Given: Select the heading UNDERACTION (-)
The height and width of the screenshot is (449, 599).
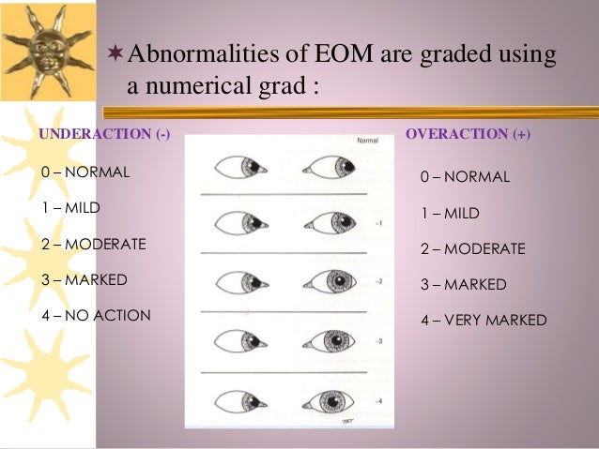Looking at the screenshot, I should point(104,134).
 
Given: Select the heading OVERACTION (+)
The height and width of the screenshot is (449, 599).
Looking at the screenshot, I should point(468,134).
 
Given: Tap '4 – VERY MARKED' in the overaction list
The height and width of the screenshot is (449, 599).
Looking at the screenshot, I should point(483,320).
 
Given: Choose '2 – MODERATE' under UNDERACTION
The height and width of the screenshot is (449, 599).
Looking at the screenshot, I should point(93,244).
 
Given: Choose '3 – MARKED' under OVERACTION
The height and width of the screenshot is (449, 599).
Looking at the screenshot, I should point(463,284).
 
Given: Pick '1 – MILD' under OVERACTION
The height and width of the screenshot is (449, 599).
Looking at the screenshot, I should point(450,213).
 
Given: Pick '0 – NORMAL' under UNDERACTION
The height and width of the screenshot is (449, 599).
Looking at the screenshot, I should point(85,173).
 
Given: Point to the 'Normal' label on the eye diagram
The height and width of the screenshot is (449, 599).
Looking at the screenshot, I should point(368,142).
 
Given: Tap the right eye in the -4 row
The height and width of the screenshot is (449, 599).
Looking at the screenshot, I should point(328,402).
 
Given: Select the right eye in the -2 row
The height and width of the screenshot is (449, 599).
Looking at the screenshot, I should point(328,282).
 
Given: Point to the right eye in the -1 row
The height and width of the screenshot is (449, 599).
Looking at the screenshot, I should point(328,224).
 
